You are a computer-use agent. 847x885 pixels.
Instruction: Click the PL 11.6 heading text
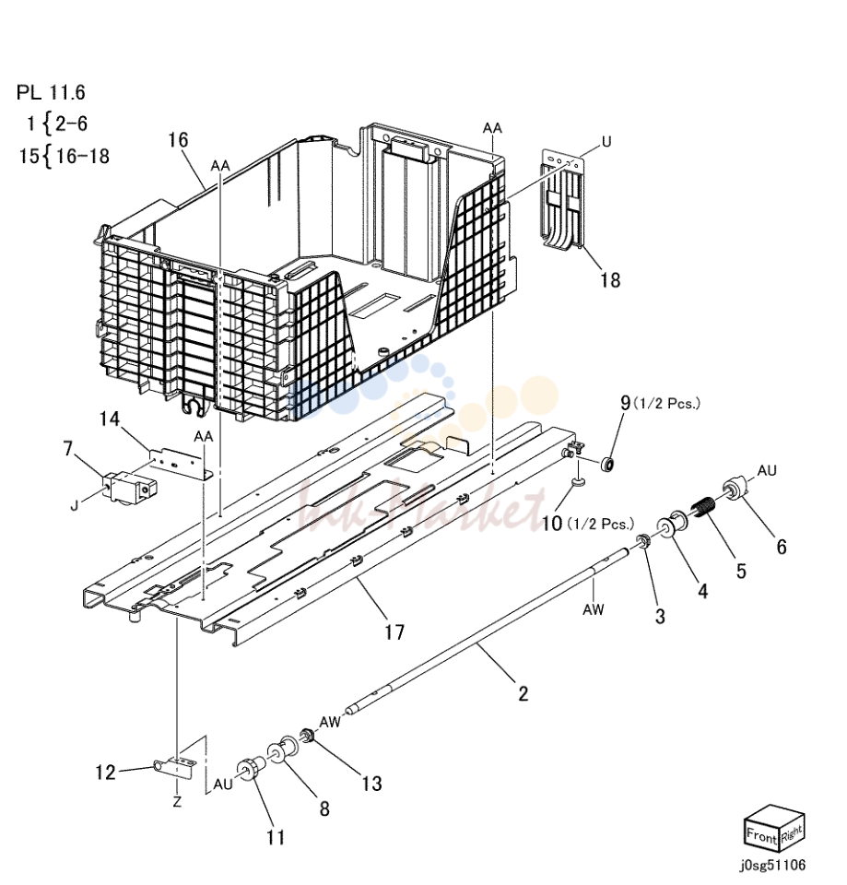tap(51, 92)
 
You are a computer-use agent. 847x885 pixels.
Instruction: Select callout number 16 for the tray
tap(178, 140)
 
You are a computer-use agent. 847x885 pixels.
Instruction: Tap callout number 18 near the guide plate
tap(609, 280)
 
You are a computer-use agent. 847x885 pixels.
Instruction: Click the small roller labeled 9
tap(607, 465)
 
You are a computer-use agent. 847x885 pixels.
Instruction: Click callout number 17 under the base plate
tap(395, 631)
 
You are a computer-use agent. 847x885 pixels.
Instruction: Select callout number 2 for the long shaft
tap(523, 693)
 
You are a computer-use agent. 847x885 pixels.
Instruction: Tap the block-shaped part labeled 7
tap(129, 487)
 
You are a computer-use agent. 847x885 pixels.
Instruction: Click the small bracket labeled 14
tap(180, 463)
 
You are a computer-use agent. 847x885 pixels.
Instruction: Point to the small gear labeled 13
tap(308, 736)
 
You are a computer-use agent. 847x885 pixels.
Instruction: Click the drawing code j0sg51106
tap(774, 865)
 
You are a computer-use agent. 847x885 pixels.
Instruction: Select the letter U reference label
tap(606, 142)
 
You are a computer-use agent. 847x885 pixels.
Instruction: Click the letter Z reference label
tap(177, 801)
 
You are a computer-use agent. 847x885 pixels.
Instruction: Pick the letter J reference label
tap(74, 505)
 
